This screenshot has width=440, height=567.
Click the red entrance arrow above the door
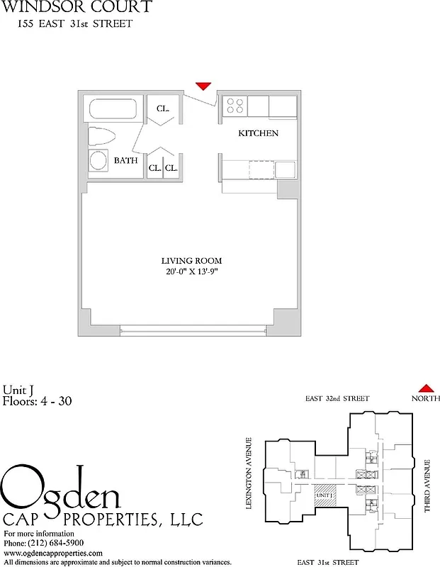point(203,86)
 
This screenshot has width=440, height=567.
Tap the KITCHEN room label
point(258,133)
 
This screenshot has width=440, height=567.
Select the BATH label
point(126,161)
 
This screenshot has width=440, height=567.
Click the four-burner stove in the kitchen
point(235,106)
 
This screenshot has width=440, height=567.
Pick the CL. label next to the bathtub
point(163,109)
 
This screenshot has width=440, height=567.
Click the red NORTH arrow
point(426,388)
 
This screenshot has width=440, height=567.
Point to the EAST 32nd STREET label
point(337,399)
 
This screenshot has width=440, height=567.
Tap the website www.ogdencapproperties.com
point(53,553)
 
